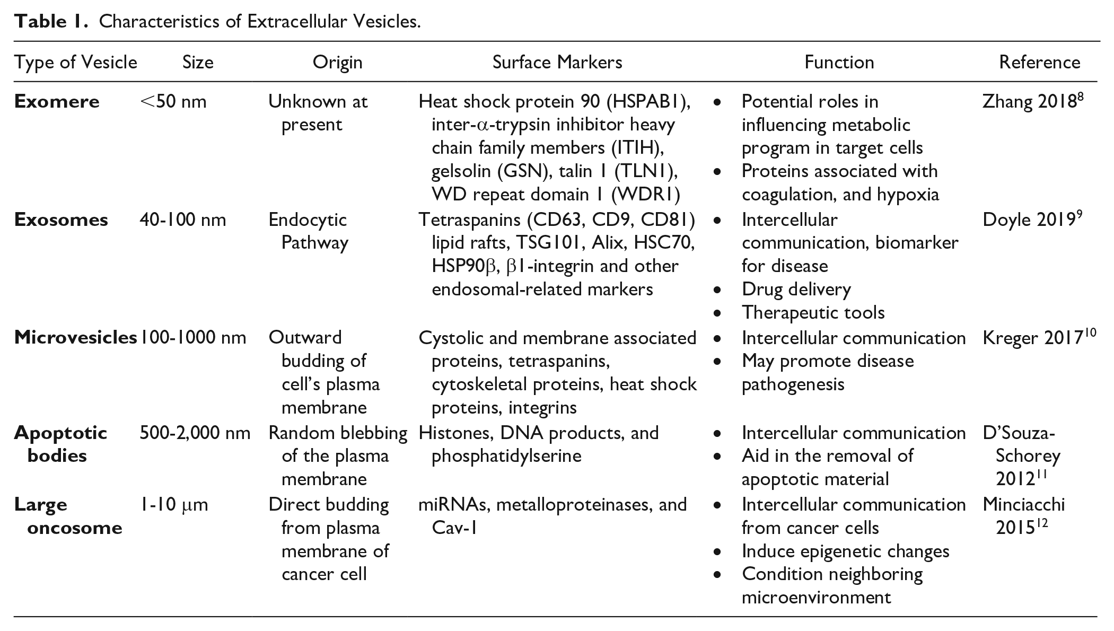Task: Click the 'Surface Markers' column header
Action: point(557,63)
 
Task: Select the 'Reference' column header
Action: point(1039,63)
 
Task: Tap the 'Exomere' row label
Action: point(57,101)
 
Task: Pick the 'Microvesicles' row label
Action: point(75,337)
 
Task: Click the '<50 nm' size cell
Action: point(173,101)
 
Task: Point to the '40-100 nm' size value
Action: point(183,220)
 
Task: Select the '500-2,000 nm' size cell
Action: point(195,433)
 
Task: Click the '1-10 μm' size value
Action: point(174,504)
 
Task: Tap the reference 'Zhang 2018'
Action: point(1033,101)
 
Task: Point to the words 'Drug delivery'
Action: point(796,290)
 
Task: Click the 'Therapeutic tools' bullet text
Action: point(813,313)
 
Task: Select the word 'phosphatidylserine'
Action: point(506,457)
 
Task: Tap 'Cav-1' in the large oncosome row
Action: point(455,528)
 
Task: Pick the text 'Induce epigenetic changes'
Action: point(846,551)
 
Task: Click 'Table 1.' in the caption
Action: point(51,21)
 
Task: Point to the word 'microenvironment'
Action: point(817,598)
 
